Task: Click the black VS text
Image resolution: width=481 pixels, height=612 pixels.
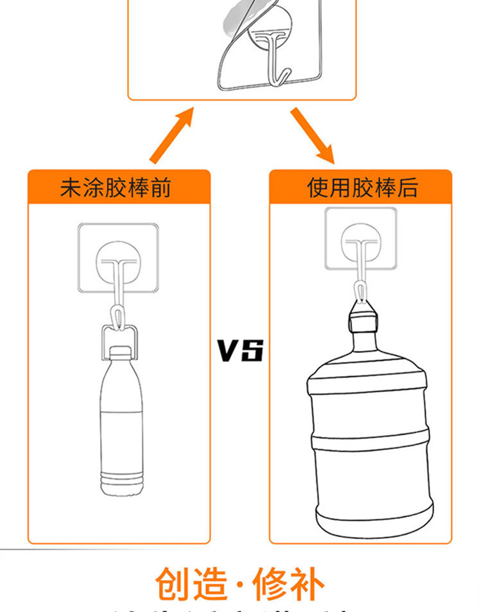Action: click(x=240, y=351)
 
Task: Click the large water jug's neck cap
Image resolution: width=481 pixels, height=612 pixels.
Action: click(x=362, y=320)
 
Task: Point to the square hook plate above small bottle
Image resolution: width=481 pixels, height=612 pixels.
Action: click(x=119, y=257)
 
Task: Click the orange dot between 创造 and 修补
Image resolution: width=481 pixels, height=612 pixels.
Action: click(x=240, y=584)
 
